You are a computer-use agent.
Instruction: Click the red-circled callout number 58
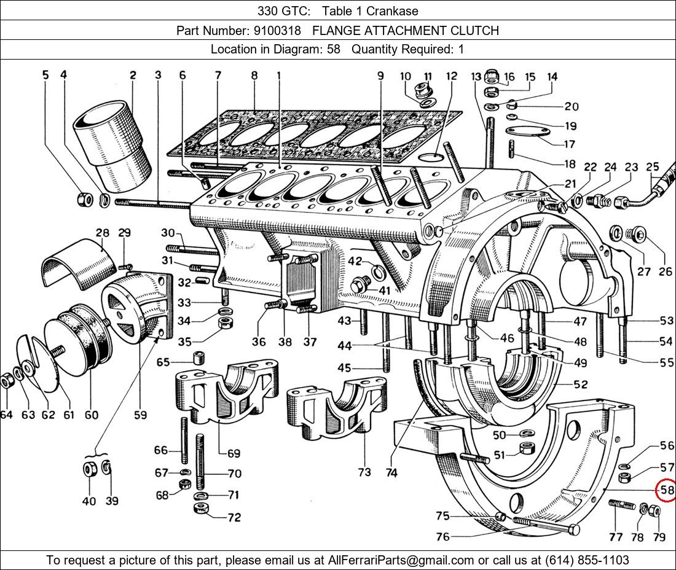[x=667, y=490]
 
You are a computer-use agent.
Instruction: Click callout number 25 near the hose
[x=652, y=167]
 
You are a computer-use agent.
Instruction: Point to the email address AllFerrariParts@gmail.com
[x=401, y=560]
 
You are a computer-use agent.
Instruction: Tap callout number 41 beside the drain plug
[x=384, y=290]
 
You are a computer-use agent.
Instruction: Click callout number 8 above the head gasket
[x=254, y=76]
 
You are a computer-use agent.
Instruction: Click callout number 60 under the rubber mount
[x=91, y=415]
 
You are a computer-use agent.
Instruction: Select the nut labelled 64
[x=6, y=381]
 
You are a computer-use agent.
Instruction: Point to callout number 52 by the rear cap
[x=580, y=385]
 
